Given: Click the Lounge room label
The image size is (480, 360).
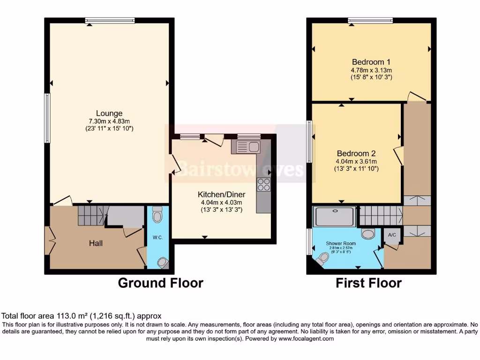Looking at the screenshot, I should coord(109,113).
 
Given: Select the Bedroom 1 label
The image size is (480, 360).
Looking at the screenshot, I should coord(371,62).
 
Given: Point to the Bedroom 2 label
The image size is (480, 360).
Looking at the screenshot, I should coord(356,153).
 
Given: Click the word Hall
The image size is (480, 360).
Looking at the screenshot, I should coord(96,243).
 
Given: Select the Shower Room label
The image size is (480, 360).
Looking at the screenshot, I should coord(341,244).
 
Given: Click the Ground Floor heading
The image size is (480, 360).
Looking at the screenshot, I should coord(160,283).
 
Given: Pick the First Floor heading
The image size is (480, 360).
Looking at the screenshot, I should coord(368,283).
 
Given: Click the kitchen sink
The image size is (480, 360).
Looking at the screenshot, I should coord(246,147).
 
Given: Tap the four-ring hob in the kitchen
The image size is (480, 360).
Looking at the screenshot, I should coord(263,184).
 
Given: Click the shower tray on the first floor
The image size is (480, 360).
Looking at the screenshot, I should coord(335,216).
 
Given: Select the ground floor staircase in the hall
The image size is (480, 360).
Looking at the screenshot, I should coord(90,216).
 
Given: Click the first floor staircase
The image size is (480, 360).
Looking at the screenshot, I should coord(380,216).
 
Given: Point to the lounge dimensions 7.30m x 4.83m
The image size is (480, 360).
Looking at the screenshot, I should coord(109,121).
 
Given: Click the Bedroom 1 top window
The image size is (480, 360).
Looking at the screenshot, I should coord(370,20).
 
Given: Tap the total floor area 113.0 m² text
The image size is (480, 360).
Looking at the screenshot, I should coord(82,316).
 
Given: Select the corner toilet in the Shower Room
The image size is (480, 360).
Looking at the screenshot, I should coord(322,258).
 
